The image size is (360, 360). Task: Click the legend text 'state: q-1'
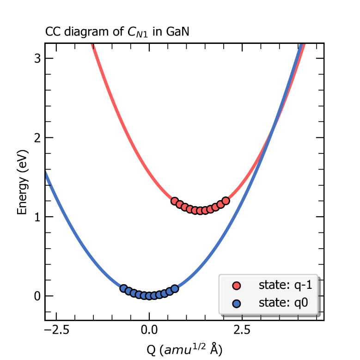(285, 286)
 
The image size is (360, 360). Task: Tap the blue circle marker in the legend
(237, 304)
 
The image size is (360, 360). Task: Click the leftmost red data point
(175, 201)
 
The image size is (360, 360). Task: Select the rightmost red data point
(226, 201)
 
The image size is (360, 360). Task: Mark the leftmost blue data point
(123, 288)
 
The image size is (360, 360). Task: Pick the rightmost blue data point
(175, 288)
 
